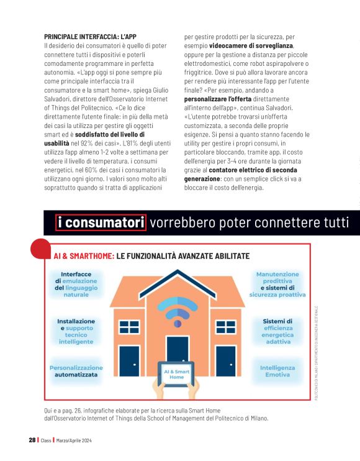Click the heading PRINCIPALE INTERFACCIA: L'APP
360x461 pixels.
(x=90, y=37)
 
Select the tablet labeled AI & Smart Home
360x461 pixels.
(x=177, y=375)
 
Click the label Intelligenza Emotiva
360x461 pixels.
(x=277, y=371)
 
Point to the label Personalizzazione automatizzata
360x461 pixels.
(x=76, y=371)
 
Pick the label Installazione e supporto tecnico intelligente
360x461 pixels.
(x=76, y=331)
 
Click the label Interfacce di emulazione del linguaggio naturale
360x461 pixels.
(x=76, y=285)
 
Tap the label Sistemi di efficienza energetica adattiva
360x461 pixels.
(x=277, y=331)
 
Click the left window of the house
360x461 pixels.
(x=129, y=327)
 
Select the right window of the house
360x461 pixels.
(x=226, y=327)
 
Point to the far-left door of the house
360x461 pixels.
(x=129, y=361)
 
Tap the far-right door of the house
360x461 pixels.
(x=226, y=361)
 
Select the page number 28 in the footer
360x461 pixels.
(x=32, y=440)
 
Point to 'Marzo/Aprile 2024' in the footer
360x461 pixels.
(x=74, y=440)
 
